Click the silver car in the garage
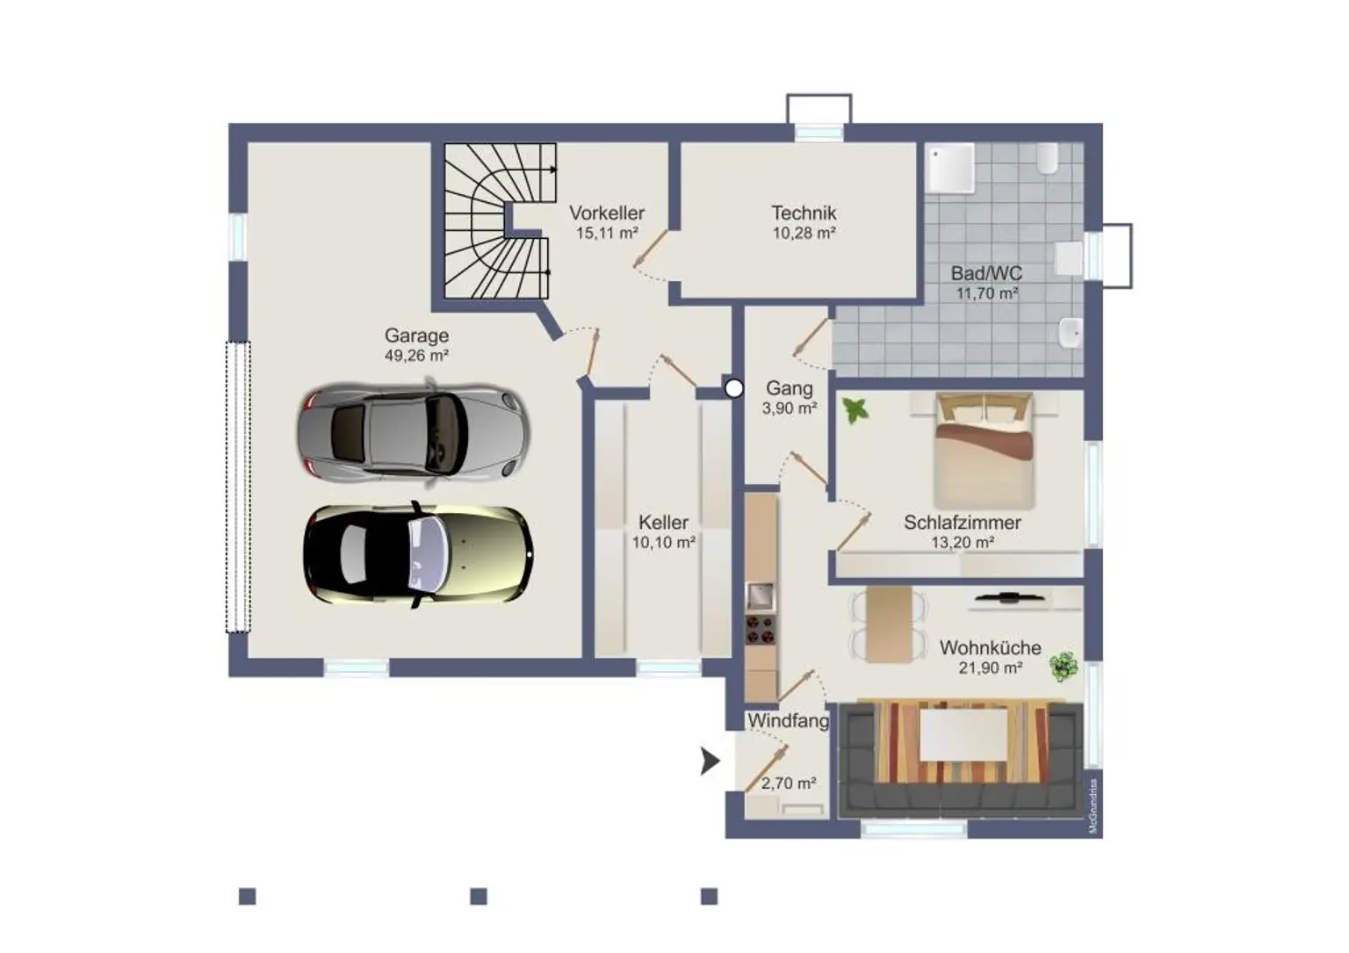[x=413, y=432]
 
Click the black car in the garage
[x=417, y=554]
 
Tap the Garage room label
[x=417, y=335]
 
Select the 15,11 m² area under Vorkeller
[x=607, y=233]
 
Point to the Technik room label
[x=804, y=213]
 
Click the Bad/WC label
[x=986, y=273]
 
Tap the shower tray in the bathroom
[x=950, y=168]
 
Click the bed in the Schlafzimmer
[x=984, y=451]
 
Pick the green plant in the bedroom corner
[x=855, y=410]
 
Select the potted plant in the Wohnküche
[x=1064, y=667]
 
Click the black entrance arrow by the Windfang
[x=710, y=761]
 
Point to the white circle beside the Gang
[x=733, y=388]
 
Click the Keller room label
[x=664, y=522]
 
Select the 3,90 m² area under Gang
[x=790, y=408]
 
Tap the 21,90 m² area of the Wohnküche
[x=991, y=668]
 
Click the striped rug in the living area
[x=963, y=743]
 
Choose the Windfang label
[x=789, y=720]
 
